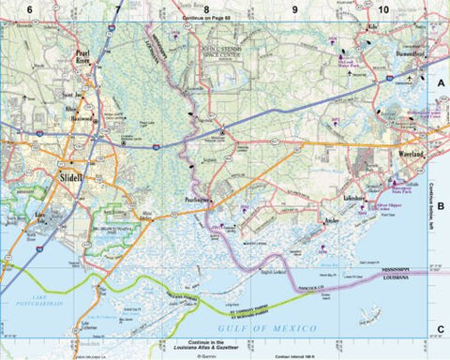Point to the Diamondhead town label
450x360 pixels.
(409, 54)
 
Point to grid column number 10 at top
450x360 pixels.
(383, 8)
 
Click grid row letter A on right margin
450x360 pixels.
(440, 83)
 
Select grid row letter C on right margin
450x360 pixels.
(440, 327)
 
